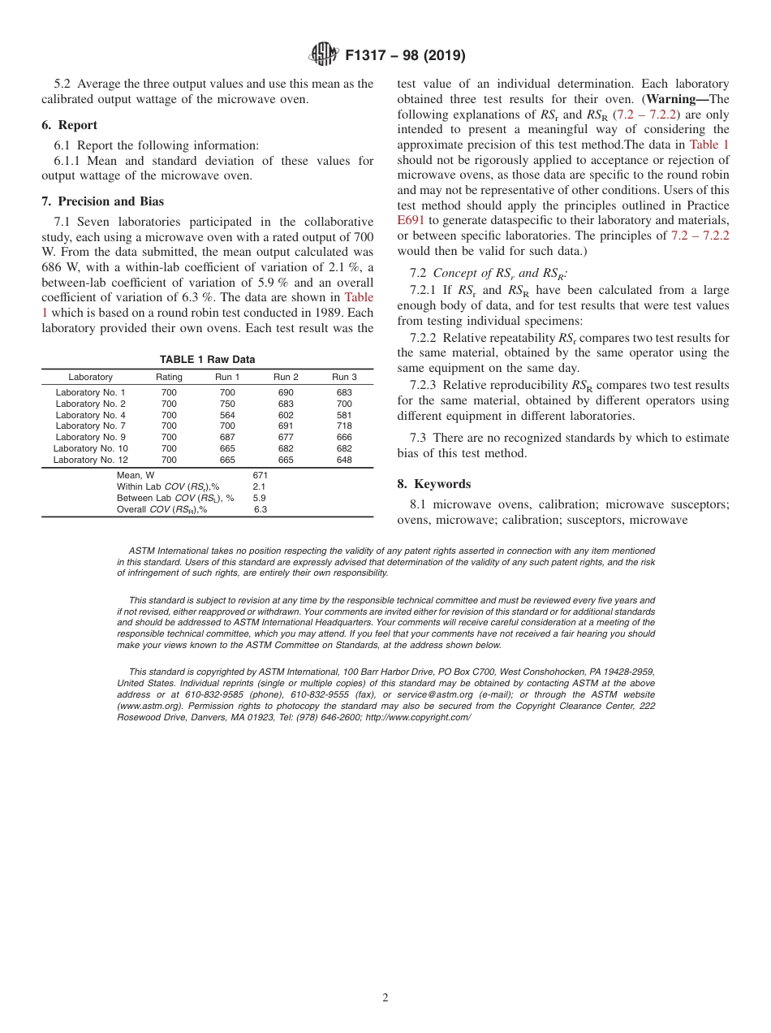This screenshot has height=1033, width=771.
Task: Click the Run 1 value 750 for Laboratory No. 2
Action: tap(227, 404)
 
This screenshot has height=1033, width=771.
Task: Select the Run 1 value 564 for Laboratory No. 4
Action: tap(227, 415)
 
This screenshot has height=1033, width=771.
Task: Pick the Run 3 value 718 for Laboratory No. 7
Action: tap(344, 426)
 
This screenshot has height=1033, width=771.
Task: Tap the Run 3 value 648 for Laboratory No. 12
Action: tap(344, 460)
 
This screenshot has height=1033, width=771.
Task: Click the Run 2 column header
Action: tap(286, 377)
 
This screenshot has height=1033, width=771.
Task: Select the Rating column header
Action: tap(169, 377)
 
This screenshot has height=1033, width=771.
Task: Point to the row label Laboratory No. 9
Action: tap(90, 438)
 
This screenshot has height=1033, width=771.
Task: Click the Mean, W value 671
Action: tap(260, 475)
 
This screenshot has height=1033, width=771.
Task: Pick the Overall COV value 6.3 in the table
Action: tap(260, 510)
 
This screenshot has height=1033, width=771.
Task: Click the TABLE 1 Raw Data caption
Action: tap(207, 360)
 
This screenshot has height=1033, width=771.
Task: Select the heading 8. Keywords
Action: tap(433, 484)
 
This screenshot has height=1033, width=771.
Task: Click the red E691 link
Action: tap(411, 220)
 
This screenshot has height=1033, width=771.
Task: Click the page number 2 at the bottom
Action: tap(385, 998)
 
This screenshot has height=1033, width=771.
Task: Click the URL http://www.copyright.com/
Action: tap(418, 717)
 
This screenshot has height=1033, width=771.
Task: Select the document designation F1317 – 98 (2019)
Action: tap(405, 56)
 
